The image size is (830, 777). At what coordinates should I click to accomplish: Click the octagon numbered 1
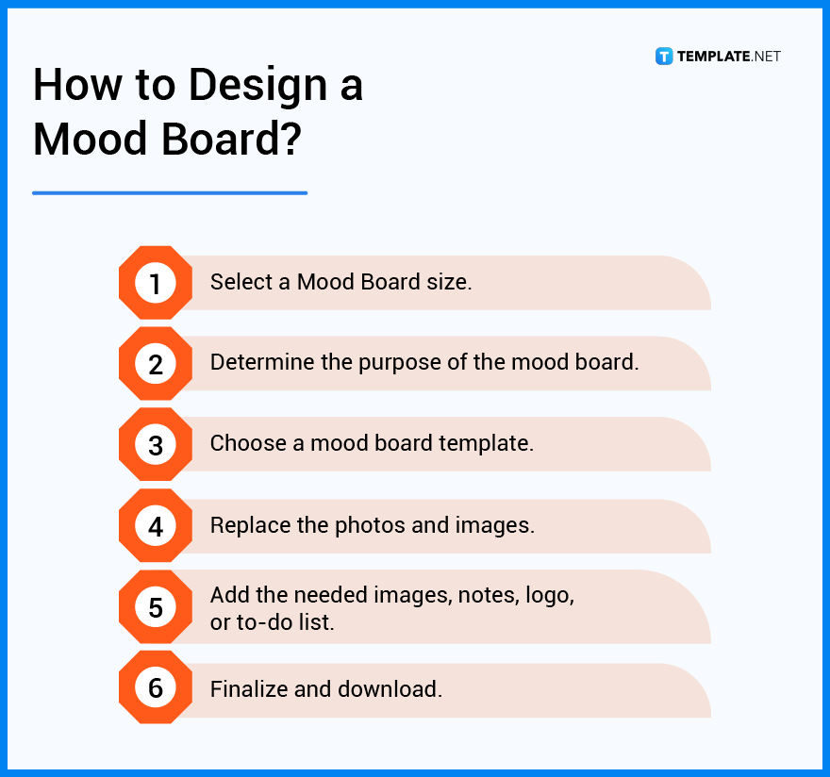156,283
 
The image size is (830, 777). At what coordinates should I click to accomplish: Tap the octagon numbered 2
156,364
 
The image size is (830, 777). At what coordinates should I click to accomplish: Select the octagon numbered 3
156,445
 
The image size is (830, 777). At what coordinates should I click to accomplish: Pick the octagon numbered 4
156,526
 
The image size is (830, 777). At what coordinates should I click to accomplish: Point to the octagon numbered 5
156,607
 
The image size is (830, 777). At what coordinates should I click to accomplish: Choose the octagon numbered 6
156,688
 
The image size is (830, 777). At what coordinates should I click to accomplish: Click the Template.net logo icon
664,57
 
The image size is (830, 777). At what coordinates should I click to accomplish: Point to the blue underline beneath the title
170,192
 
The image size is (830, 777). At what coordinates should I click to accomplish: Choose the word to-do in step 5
268,622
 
